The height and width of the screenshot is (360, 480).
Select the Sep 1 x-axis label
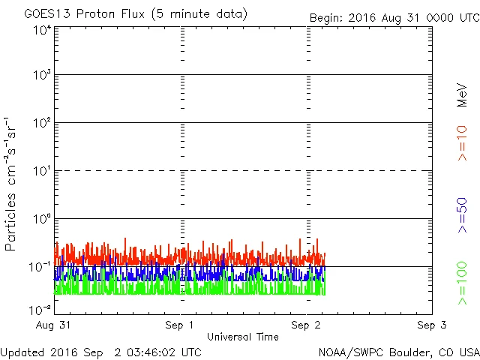(181, 325)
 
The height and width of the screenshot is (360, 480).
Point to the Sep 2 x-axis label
(306, 325)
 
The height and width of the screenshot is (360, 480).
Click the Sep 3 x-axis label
(431, 325)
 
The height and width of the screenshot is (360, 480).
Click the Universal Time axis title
(243, 337)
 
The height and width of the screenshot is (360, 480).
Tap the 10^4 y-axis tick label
(41, 30)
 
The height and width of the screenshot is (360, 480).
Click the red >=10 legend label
(463, 142)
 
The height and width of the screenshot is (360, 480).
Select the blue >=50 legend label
(463, 215)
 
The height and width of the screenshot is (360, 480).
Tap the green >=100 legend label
(463, 283)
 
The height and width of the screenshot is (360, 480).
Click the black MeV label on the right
(463, 94)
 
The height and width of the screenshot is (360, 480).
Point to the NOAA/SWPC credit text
(397, 352)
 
